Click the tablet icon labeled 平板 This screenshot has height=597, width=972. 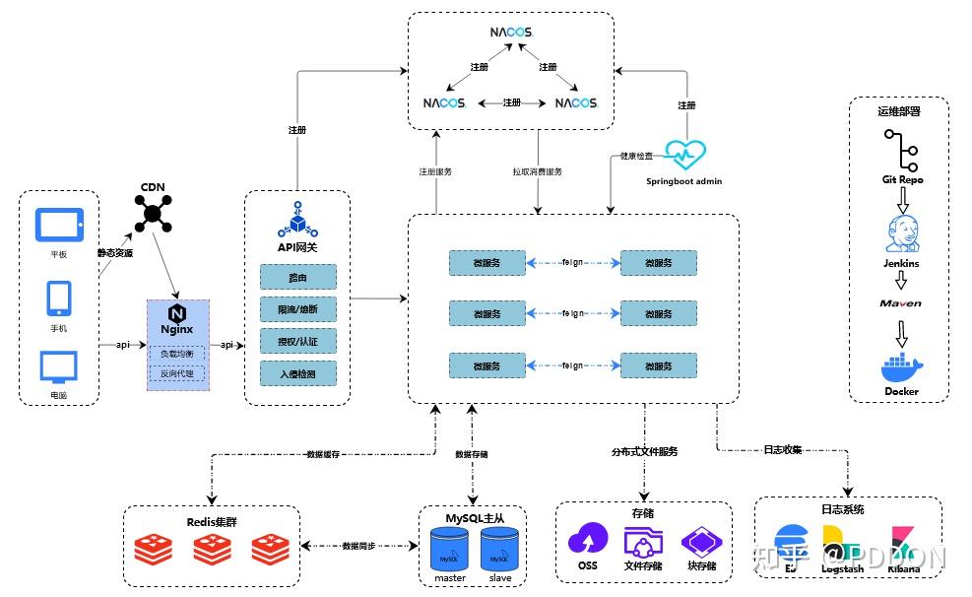[60, 225]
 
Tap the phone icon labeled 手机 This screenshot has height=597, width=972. [59, 298]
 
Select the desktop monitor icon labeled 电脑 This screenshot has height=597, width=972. [59, 367]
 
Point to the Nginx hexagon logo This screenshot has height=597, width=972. [177, 313]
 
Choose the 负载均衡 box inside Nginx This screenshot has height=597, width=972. [177, 353]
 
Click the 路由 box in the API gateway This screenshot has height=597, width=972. [297, 277]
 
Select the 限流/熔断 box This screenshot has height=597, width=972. [297, 309]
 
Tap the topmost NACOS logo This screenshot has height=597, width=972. [511, 33]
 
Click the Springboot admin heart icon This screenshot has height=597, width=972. [683, 155]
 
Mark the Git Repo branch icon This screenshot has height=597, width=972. [901, 151]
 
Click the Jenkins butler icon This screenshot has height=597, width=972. [901, 233]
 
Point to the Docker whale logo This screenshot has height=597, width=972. [901, 365]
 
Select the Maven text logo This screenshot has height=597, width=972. [901, 303]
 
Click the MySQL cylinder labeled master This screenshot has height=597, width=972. [449, 550]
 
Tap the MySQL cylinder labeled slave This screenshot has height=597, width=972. [500, 550]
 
